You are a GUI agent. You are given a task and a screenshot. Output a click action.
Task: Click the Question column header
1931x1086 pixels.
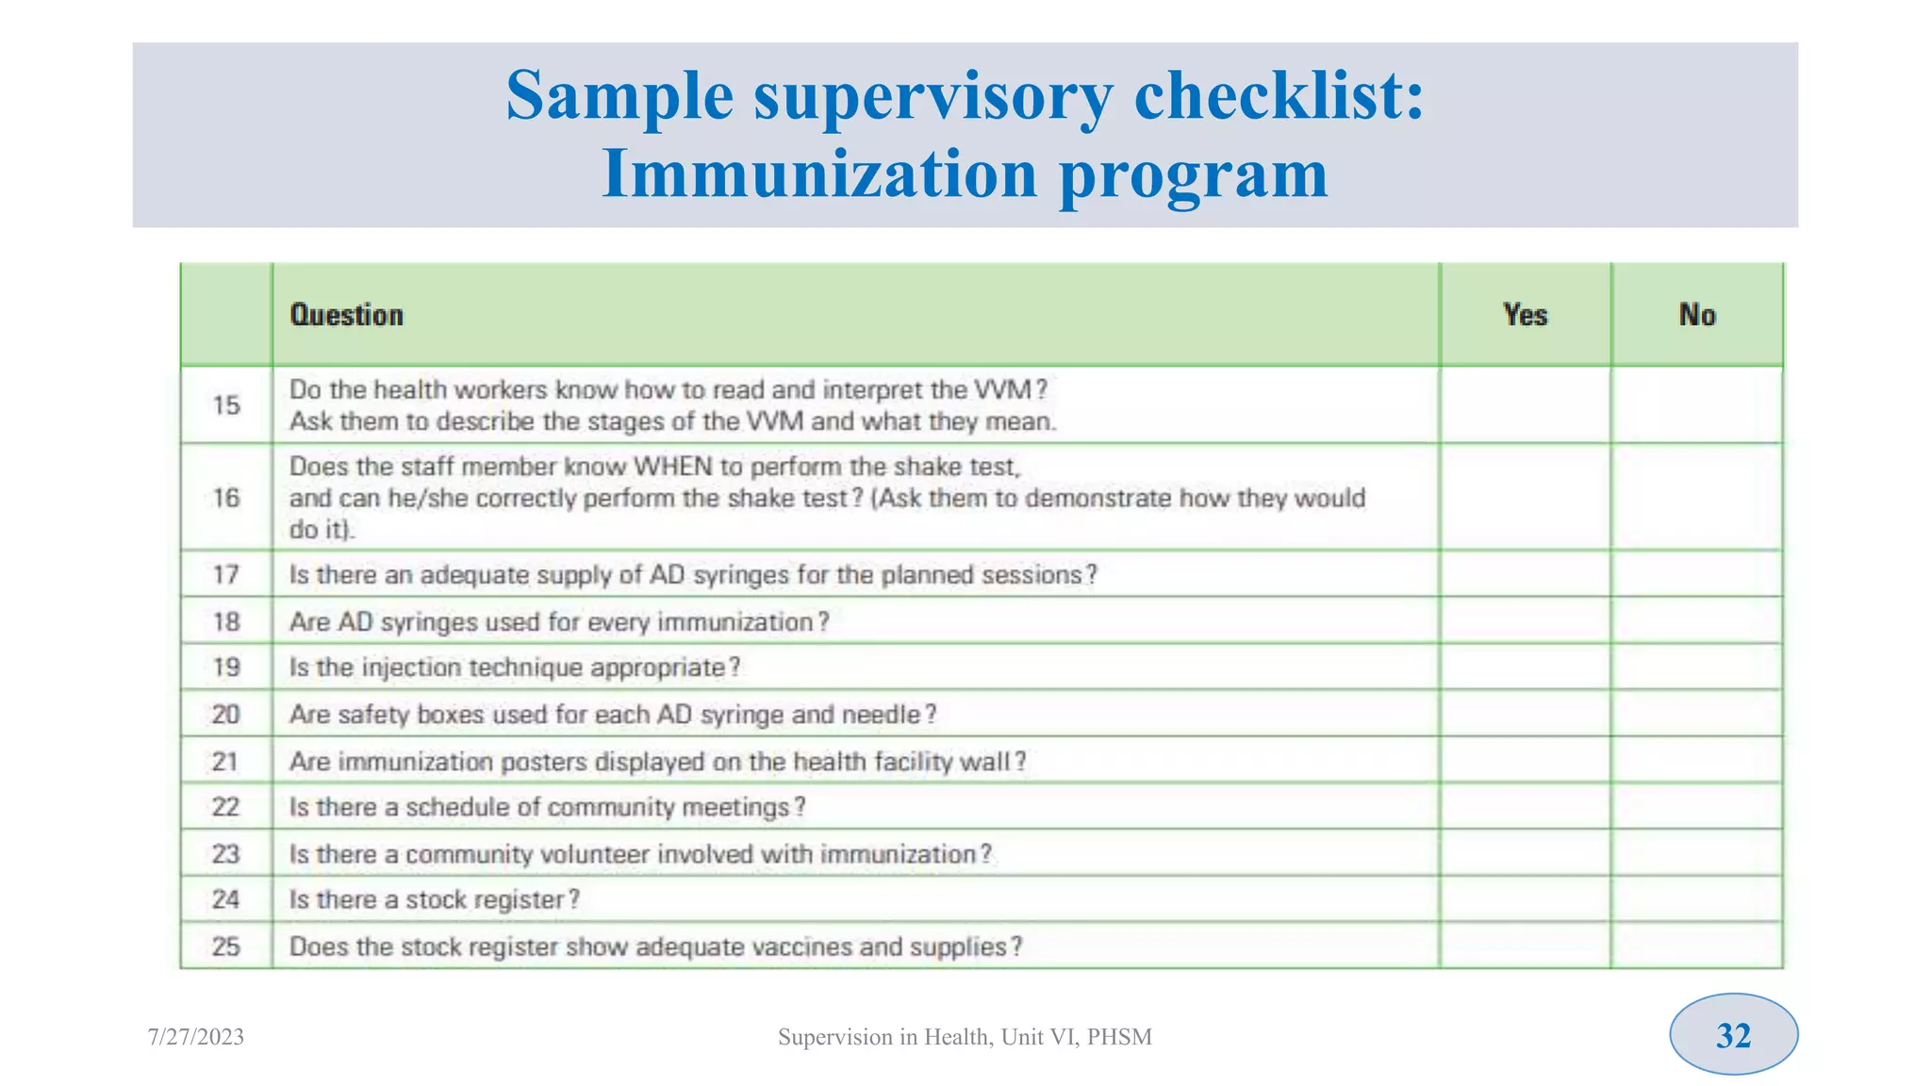point(346,315)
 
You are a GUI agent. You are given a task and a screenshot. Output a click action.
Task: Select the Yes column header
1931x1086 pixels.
point(1525,315)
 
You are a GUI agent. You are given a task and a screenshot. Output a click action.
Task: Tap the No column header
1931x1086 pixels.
point(1696,315)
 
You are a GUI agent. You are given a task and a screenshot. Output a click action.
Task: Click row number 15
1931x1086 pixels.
point(226,405)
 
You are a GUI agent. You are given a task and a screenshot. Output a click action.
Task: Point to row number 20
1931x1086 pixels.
point(226,715)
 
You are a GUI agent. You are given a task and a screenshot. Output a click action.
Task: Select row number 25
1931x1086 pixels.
point(226,946)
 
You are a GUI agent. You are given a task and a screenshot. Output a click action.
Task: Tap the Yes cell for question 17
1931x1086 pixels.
point(1525,574)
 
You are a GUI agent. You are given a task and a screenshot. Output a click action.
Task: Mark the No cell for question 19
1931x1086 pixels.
point(1696,667)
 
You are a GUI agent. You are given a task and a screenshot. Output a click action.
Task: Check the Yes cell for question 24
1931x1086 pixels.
point(1525,899)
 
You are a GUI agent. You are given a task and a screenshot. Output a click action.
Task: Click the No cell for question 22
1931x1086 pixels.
point(1696,807)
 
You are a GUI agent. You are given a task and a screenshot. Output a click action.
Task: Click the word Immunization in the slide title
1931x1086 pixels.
point(818,174)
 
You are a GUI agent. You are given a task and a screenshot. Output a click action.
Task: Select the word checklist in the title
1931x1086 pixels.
point(1278,96)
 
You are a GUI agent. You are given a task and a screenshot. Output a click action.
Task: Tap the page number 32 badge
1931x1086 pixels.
point(1733,1035)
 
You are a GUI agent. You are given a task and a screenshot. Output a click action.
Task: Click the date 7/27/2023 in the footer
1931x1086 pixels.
point(196,1037)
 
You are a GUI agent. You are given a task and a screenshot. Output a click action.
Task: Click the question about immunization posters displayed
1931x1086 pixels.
point(657,762)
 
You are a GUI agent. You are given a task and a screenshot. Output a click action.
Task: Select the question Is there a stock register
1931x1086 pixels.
point(434,899)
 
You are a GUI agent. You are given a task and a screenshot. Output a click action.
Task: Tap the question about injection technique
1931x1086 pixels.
point(515,667)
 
